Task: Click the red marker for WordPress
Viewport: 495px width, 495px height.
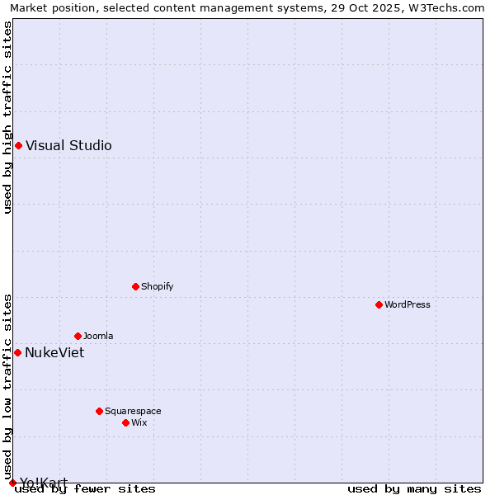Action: (379, 304)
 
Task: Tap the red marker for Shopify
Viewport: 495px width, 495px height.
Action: (135, 286)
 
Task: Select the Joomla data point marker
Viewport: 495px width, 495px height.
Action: (78, 336)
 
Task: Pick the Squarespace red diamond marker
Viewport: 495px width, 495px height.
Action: (99, 411)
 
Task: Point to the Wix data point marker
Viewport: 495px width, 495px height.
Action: (125, 422)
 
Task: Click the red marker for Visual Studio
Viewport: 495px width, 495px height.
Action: (18, 146)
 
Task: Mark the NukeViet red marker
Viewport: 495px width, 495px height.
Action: (17, 352)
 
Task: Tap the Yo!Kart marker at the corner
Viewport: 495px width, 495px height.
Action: (12, 483)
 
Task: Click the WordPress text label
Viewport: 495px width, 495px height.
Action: (408, 304)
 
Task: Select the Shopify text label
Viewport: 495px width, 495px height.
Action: (157, 286)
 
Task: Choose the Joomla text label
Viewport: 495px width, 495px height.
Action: (98, 336)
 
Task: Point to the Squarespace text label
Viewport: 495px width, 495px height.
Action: (133, 411)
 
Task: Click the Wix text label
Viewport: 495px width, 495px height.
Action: (139, 422)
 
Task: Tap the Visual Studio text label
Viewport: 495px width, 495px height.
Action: (68, 146)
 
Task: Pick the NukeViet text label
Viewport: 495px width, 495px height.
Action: (54, 352)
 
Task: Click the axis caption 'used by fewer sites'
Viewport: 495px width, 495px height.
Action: (85, 489)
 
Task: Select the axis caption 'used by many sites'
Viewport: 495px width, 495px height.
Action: (414, 489)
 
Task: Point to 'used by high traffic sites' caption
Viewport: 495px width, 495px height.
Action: (7, 117)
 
